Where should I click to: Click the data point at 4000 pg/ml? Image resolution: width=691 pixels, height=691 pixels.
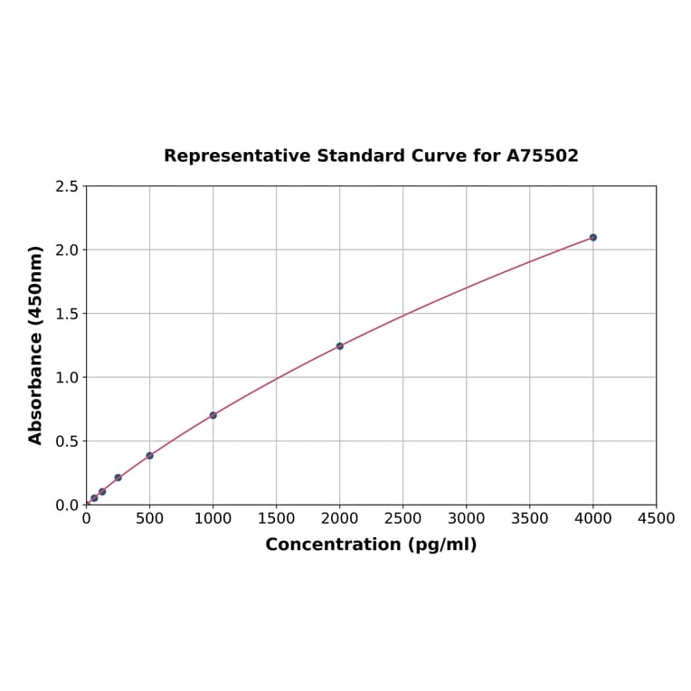pyautogui.click(x=592, y=237)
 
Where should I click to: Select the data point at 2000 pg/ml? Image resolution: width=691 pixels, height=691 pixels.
pyautogui.click(x=339, y=346)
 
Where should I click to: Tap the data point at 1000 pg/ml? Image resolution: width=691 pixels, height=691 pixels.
pyautogui.click(x=213, y=415)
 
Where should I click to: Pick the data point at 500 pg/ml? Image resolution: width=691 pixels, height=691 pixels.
pyautogui.click(x=149, y=456)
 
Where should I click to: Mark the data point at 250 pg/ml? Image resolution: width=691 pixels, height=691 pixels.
pyautogui.click(x=118, y=478)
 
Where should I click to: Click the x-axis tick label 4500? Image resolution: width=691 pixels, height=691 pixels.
pyautogui.click(x=656, y=518)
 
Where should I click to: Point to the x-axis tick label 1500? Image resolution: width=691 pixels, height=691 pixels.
pyautogui.click(x=276, y=518)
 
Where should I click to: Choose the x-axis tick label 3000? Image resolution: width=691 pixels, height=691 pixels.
pyautogui.click(x=466, y=518)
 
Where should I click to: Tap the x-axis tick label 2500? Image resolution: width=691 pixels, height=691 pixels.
pyautogui.click(x=402, y=518)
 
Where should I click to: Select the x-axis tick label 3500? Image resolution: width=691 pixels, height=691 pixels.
pyautogui.click(x=529, y=518)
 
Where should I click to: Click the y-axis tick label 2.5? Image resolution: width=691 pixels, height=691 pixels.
pyautogui.click(x=67, y=186)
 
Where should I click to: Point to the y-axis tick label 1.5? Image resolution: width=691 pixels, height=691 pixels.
pyautogui.click(x=67, y=314)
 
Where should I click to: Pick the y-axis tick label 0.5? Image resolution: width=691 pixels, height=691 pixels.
pyautogui.click(x=67, y=441)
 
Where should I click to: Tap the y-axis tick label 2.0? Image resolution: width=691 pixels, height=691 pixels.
pyautogui.click(x=67, y=250)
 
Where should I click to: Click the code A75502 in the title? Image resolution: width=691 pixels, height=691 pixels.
pyautogui.click(x=542, y=156)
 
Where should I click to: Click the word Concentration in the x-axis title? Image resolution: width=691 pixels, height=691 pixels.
pyautogui.click(x=332, y=544)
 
